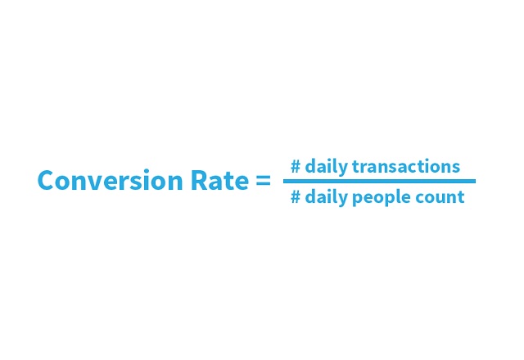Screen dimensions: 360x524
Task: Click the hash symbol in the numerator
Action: pos(296,167)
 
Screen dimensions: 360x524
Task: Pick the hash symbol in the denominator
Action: pos(296,196)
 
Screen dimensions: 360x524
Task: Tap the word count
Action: pos(442,196)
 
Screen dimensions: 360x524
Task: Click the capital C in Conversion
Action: pos(46,181)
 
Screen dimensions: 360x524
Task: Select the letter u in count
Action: pos(444,197)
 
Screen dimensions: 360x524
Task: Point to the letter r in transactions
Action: pos(364,168)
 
